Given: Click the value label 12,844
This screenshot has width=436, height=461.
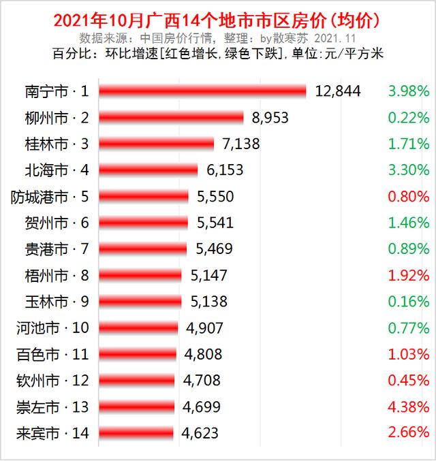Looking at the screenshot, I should (337, 91).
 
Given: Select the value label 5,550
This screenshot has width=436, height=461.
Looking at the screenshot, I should (215, 196).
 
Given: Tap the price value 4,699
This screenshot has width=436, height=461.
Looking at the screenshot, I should (202, 406).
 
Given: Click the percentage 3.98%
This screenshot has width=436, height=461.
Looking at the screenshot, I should (407, 91).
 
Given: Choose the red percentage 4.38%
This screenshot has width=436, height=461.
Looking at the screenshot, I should (407, 406).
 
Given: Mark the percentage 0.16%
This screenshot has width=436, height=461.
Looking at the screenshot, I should (407, 301).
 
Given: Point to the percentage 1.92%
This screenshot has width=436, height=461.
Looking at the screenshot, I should (407, 275).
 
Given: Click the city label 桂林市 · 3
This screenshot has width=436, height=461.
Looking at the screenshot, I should (56, 144).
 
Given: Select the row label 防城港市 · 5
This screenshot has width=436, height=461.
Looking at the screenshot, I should (50, 196).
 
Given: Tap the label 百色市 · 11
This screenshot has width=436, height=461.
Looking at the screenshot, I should (52, 353).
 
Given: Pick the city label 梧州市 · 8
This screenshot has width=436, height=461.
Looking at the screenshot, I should (56, 275).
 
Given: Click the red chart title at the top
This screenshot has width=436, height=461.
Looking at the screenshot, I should (217, 20).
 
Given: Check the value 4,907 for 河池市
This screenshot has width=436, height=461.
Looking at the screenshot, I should (205, 328).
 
